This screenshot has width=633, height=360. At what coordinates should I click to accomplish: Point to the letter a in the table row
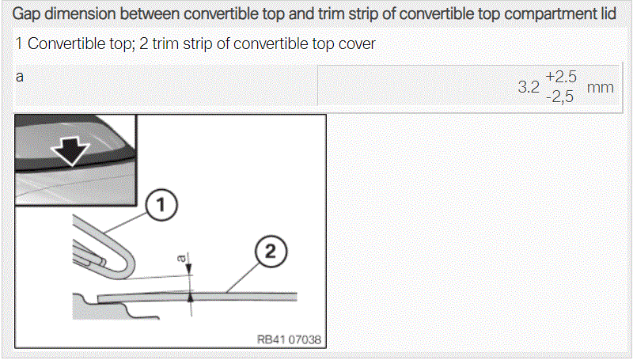(19, 77)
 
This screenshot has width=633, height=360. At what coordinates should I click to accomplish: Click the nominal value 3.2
(529, 87)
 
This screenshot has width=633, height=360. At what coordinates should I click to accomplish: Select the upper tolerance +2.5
(561, 77)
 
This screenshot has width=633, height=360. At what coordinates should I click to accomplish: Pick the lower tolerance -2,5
(559, 97)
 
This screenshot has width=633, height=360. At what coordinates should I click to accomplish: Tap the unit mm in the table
(601, 87)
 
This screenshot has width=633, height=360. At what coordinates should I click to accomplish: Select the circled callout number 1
(161, 205)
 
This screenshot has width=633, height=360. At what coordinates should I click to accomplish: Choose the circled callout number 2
(271, 252)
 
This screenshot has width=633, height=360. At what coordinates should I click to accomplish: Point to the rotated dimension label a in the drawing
(183, 257)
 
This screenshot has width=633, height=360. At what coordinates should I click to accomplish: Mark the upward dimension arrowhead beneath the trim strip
(191, 297)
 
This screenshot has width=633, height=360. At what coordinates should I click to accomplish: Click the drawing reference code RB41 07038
(289, 339)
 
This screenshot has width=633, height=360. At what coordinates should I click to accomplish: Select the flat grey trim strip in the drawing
(197, 297)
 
